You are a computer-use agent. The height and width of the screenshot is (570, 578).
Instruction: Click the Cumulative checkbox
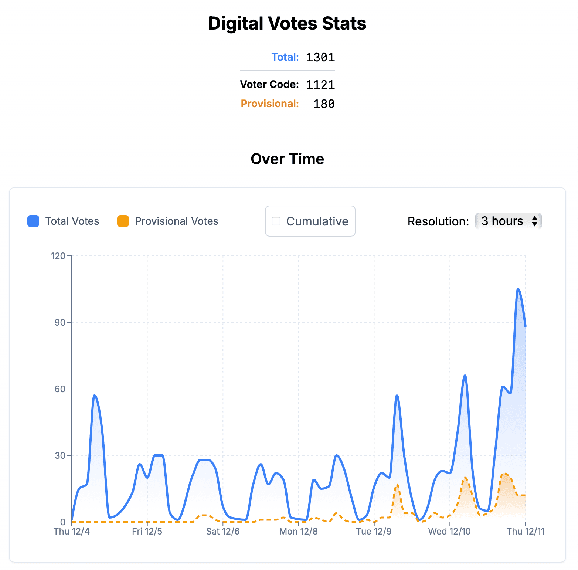(x=276, y=221)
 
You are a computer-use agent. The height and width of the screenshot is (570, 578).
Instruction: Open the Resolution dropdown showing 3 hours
(x=508, y=221)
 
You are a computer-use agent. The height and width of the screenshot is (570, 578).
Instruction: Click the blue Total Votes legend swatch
(x=33, y=221)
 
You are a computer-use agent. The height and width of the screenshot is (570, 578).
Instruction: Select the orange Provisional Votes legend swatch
(x=123, y=221)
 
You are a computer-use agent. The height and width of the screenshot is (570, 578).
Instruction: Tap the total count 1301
(x=320, y=57)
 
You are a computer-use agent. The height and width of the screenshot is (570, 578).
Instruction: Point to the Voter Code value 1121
(x=320, y=85)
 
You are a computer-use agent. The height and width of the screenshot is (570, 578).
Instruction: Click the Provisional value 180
(x=324, y=104)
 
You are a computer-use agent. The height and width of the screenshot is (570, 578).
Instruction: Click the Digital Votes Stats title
(x=287, y=23)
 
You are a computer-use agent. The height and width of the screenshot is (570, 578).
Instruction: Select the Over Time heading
(x=287, y=159)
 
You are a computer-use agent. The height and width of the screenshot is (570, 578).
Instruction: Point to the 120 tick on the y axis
(x=58, y=256)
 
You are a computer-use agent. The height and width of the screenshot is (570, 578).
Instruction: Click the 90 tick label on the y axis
(x=60, y=322)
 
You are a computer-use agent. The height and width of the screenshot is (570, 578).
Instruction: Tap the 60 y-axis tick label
(x=60, y=389)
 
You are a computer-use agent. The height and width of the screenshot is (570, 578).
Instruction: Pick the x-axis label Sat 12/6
(x=223, y=532)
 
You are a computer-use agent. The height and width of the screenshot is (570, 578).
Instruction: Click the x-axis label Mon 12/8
(x=299, y=532)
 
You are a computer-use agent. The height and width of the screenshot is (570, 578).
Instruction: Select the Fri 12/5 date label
(x=147, y=532)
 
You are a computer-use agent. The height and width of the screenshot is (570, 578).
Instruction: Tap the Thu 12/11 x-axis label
(x=525, y=532)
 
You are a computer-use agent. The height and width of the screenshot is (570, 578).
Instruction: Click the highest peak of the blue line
(x=518, y=289)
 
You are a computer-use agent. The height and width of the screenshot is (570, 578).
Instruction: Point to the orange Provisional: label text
(x=270, y=104)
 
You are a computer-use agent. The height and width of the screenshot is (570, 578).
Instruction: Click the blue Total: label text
(x=285, y=57)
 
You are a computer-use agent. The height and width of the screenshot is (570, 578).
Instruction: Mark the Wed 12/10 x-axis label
(x=449, y=532)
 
